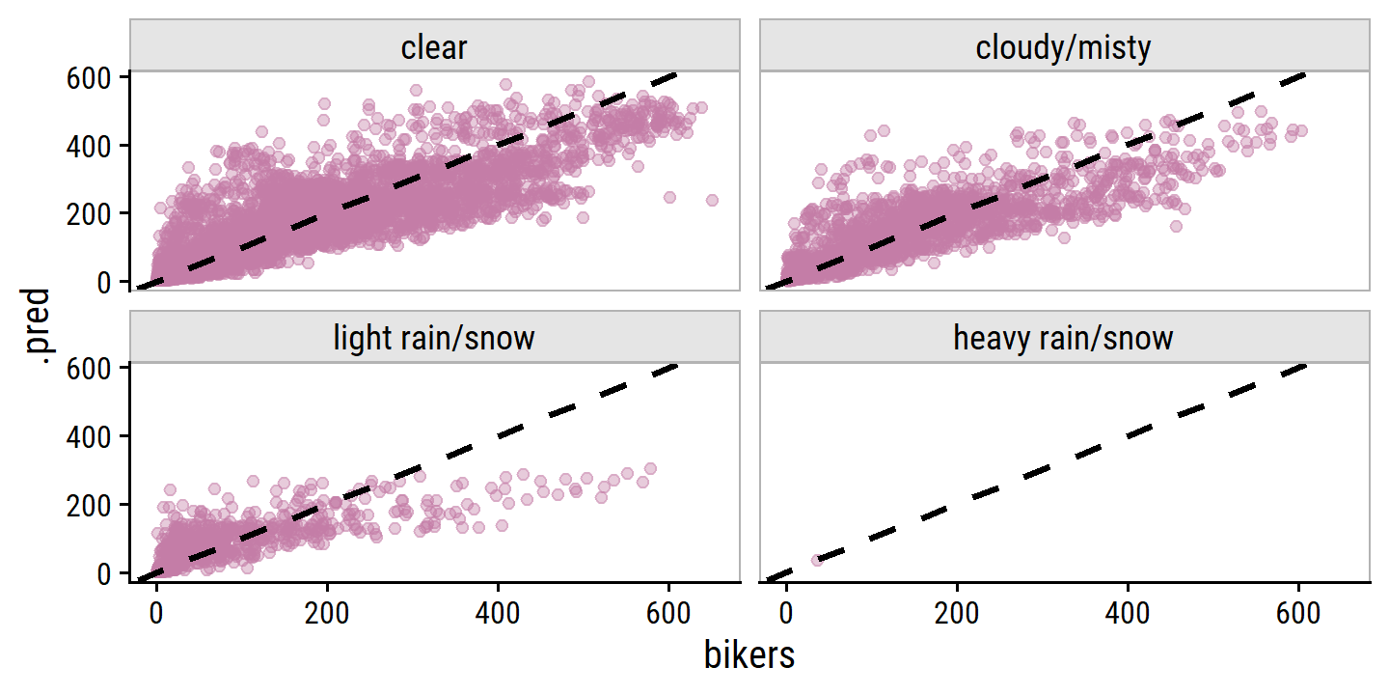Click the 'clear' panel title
tap(434, 47)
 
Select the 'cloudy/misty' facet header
tap(1064, 47)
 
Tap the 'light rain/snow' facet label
tap(434, 338)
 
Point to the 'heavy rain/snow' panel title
tap(1064, 338)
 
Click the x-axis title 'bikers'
tap(749, 655)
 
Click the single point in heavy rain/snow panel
tap(817, 560)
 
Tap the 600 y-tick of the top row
tap(87, 77)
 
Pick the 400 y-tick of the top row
tap(87, 146)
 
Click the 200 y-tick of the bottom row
tap(87, 505)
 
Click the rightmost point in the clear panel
tap(712, 201)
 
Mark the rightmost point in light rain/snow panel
tap(650, 469)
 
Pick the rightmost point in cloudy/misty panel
tap(1301, 130)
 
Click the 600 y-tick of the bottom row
tap(87, 368)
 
